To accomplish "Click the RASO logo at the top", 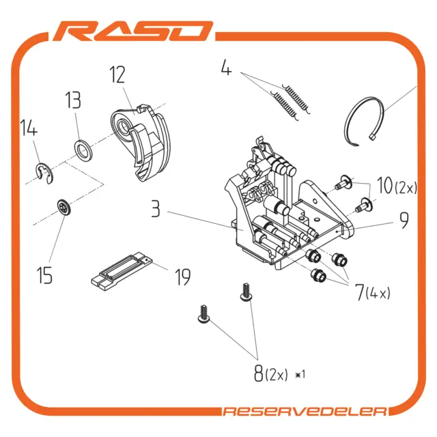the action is tap(133, 31).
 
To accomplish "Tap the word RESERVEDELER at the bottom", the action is tap(305, 412).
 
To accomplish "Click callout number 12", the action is tap(117, 74).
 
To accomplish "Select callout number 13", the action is tap(73, 100).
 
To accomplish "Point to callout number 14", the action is tap(29, 128).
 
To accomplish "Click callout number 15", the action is tap(44, 275).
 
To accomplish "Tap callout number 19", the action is tap(183, 277).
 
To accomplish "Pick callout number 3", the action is tap(156, 209).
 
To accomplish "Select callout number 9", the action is tap(404, 220).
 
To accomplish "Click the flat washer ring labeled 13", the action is tap(83, 150).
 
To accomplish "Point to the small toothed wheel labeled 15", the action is tap(64, 207).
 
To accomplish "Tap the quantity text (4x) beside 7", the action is tap(378, 294).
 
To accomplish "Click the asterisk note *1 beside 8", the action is tap(300, 374).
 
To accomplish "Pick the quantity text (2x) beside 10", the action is tap(406, 188).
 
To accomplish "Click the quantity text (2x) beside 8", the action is tap(276, 375).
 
